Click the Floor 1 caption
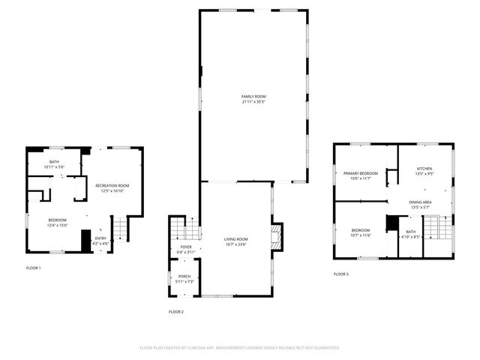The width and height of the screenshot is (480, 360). [34, 268]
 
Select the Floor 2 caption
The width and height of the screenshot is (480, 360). [176, 311]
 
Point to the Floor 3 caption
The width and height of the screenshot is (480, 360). [341, 274]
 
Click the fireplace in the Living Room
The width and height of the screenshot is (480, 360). [276, 235]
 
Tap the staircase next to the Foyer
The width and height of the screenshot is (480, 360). [185, 227]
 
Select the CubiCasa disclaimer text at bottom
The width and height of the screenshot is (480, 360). [240, 348]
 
